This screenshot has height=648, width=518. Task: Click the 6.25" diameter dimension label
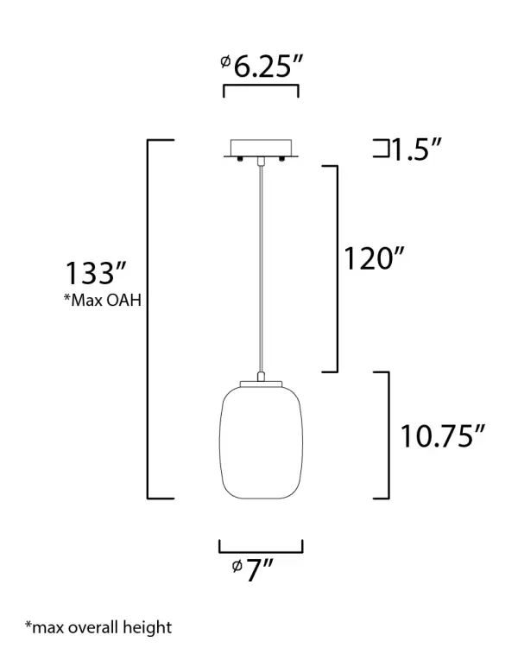tap(262, 67)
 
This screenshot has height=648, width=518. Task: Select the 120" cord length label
tap(374, 258)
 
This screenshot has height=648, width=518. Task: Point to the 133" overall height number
tap(96, 273)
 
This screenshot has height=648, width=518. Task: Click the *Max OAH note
tap(103, 300)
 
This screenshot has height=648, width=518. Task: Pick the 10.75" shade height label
tap(442, 436)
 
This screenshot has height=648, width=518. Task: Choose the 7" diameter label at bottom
tap(252, 569)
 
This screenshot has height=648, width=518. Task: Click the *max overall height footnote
tap(98, 627)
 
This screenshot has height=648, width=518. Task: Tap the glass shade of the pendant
tap(261, 442)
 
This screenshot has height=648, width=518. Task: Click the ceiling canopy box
tap(261, 148)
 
